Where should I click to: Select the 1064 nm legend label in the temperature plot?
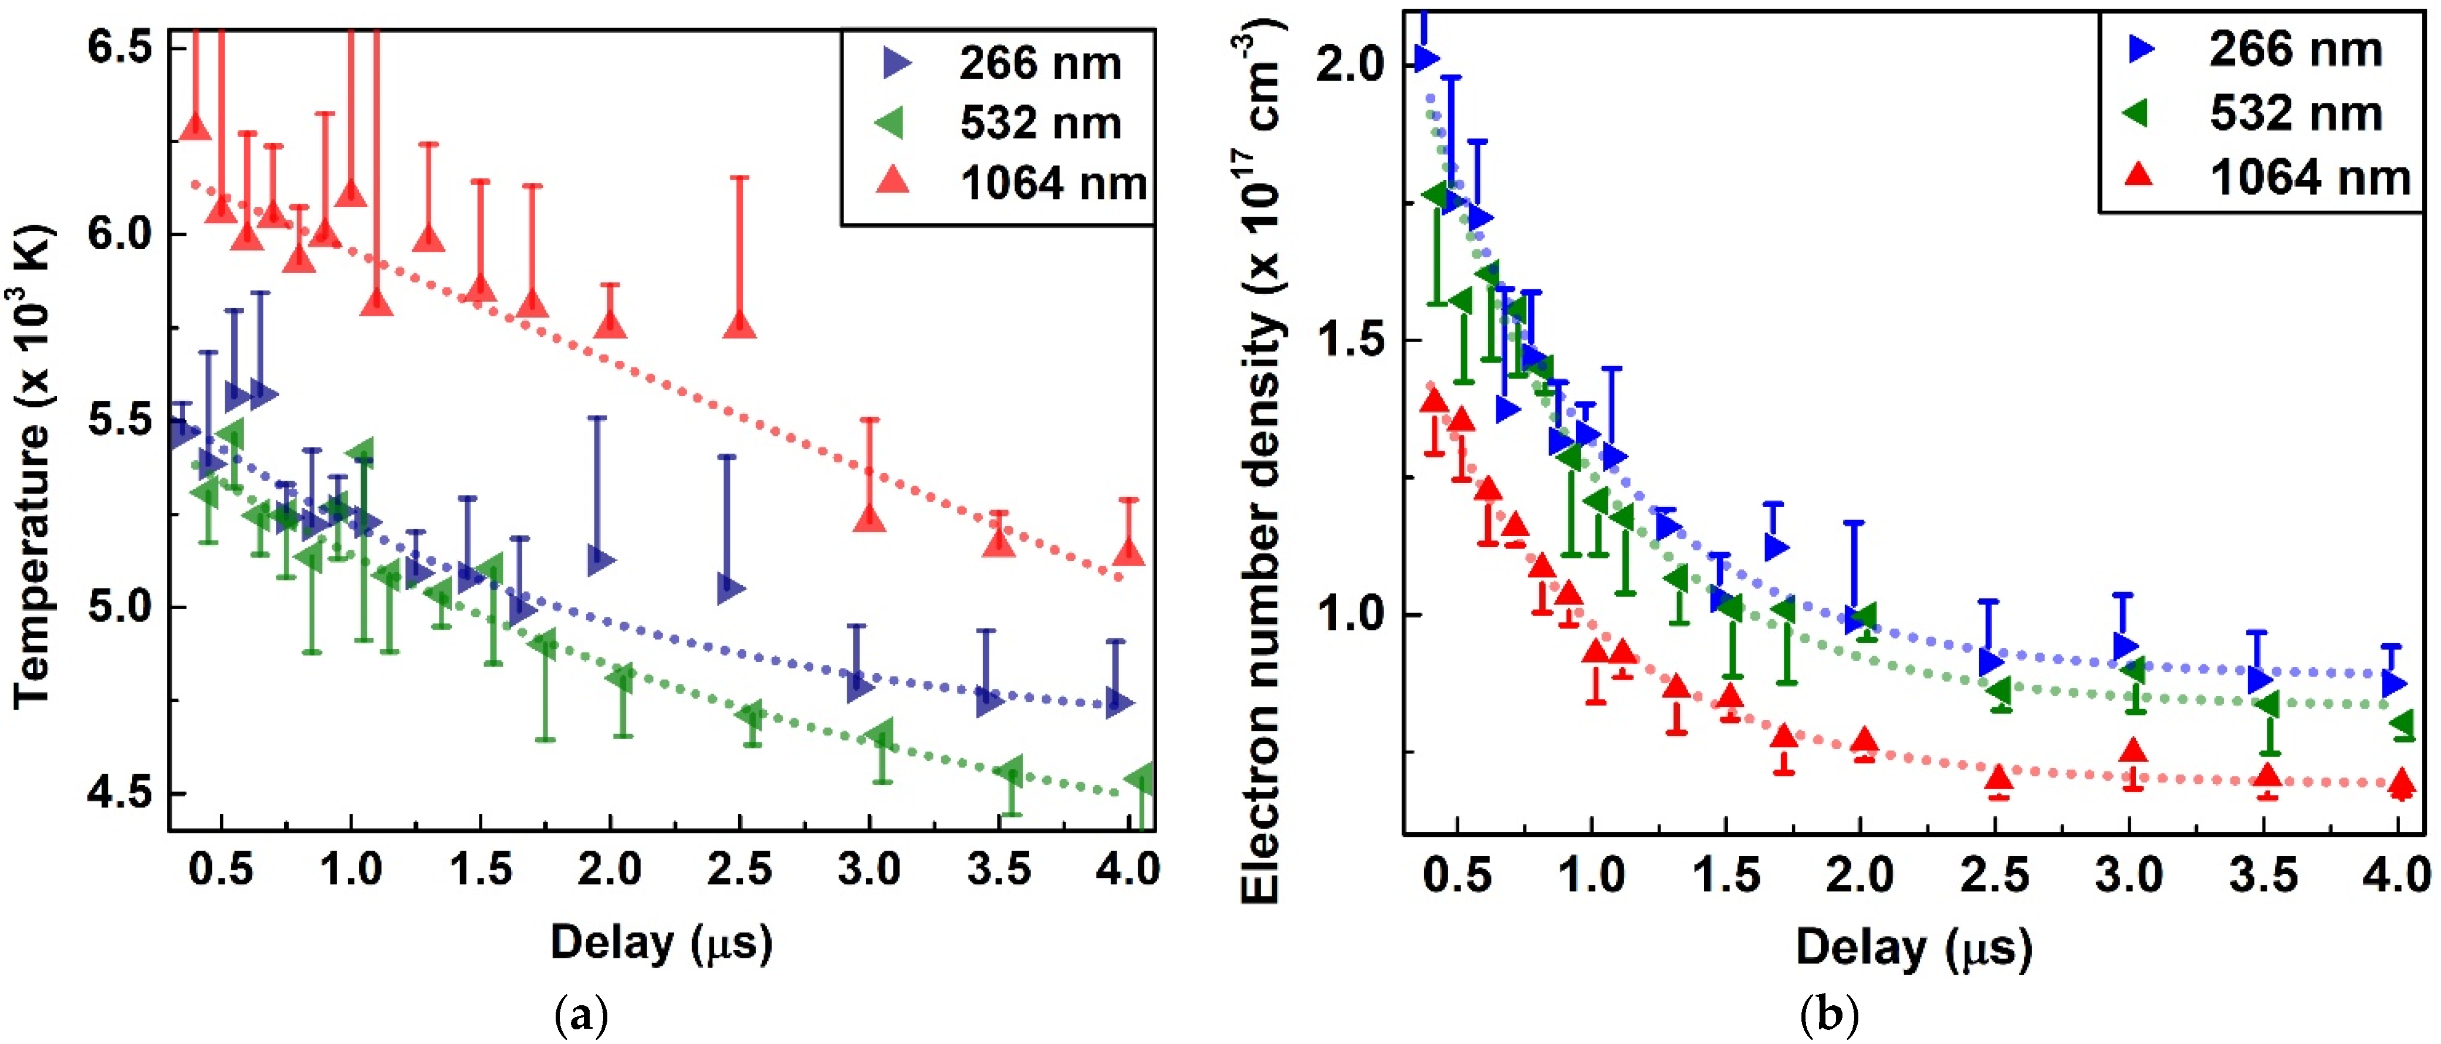coord(1052,183)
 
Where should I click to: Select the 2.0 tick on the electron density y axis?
coord(1350,65)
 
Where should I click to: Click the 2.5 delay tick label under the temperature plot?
coord(739,869)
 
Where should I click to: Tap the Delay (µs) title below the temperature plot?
coord(661,942)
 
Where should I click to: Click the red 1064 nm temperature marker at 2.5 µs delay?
coord(739,324)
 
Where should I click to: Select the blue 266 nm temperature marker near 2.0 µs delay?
coord(600,560)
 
